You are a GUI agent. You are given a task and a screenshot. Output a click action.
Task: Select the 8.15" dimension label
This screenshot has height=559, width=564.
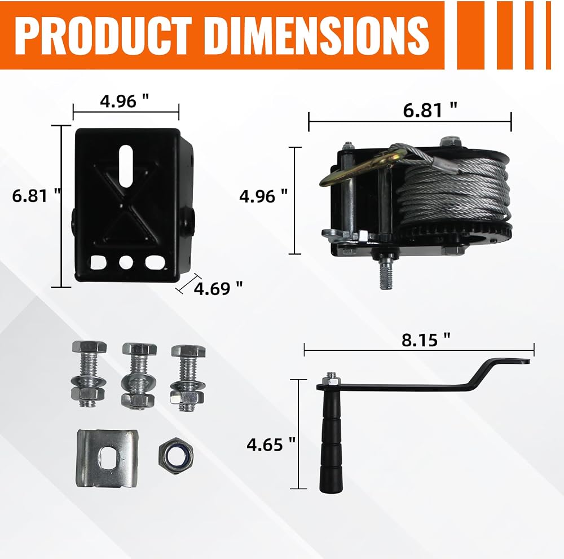coord(426,340)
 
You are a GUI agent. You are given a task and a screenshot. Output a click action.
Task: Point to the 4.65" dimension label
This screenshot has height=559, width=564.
coord(271,444)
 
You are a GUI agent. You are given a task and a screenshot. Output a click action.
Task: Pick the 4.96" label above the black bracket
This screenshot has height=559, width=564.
coord(125,101)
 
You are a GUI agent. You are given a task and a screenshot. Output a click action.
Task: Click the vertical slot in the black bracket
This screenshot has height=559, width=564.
coord(126,166)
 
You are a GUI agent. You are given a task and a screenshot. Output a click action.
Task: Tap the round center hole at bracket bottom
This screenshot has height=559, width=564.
coord(126,262)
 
